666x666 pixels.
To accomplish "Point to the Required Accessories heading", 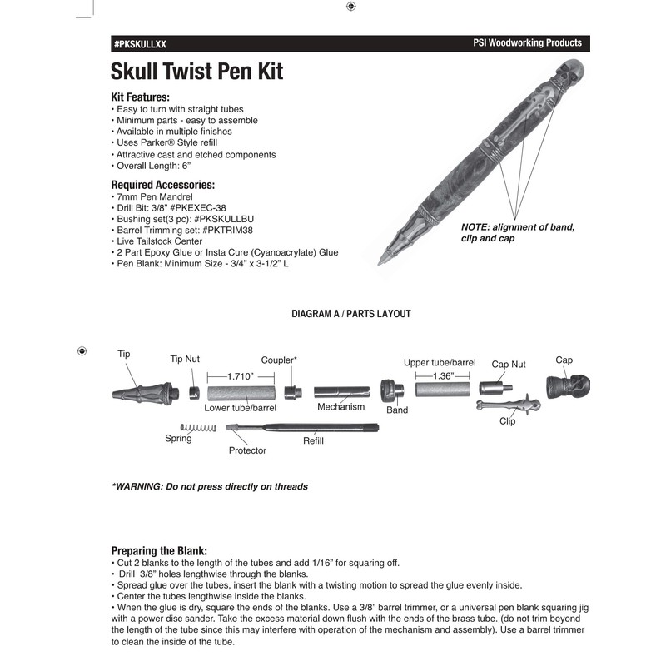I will click(x=162, y=184).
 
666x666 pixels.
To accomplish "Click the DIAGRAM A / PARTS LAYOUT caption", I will click(x=350, y=314).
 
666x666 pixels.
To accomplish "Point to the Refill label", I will click(x=313, y=441).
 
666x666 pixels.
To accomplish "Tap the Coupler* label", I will click(x=279, y=360).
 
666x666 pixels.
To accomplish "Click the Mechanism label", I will click(x=340, y=408).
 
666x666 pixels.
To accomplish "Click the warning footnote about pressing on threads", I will click(x=210, y=486).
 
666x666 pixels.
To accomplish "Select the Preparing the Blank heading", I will click(x=159, y=550).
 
